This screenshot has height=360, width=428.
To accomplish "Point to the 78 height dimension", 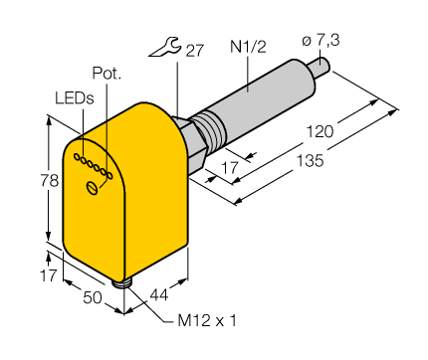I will [36, 182].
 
